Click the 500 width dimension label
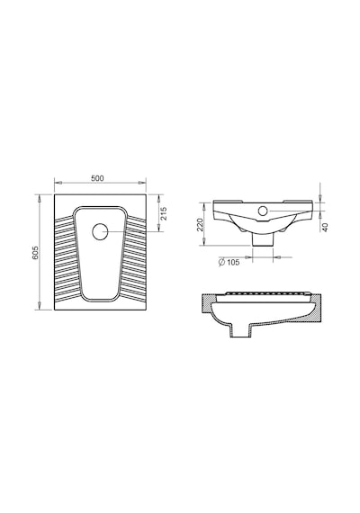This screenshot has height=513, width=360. (x=97, y=178)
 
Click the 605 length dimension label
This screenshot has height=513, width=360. (x=35, y=253)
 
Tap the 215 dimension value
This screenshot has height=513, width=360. (x=164, y=213)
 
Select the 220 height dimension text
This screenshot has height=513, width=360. (x=200, y=224)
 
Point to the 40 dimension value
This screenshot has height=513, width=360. (x=325, y=227)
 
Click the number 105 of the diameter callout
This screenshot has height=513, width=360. (x=233, y=262)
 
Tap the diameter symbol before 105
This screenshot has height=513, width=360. (x=221, y=262)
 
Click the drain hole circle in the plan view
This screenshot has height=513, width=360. (x=100, y=231)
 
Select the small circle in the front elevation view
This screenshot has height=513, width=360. (x=263, y=211)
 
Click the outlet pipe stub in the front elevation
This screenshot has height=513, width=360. (x=263, y=239)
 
